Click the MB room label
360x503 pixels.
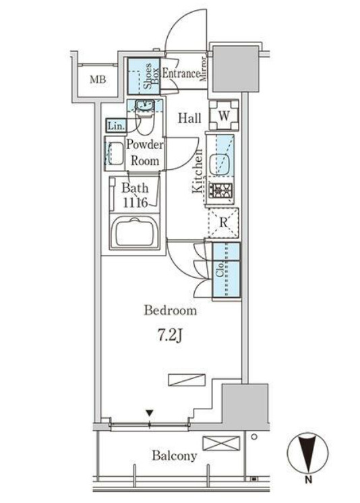click(98, 80)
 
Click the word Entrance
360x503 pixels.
click(181, 73)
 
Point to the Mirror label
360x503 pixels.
click(204, 69)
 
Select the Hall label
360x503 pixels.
click(189, 118)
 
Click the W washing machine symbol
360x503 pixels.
click(224, 115)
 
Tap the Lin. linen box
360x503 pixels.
click(116, 125)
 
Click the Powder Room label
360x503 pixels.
click(145, 152)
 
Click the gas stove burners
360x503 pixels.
click(220, 191)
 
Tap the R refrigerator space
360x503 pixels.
click(224, 223)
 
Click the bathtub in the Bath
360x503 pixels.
click(135, 232)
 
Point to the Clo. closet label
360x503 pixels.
click(220, 270)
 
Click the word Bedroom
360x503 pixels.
click(171, 310)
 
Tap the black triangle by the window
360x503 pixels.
click(149, 413)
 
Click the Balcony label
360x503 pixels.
click(174, 456)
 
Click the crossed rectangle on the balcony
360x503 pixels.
click(221, 444)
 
